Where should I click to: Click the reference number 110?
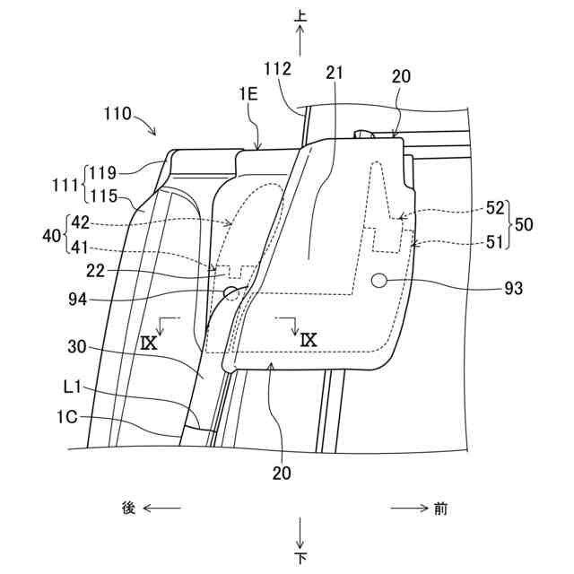pyautogui.click(x=117, y=115)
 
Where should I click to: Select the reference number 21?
pyautogui.click(x=335, y=75)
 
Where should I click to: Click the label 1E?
pyautogui.click(x=248, y=117)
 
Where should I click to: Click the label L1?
pyautogui.click(x=75, y=387)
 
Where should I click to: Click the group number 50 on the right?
pyautogui.click(x=524, y=224)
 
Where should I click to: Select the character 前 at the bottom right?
pyautogui.click(x=440, y=509)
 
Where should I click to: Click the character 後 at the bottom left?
pyautogui.click(x=128, y=509)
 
